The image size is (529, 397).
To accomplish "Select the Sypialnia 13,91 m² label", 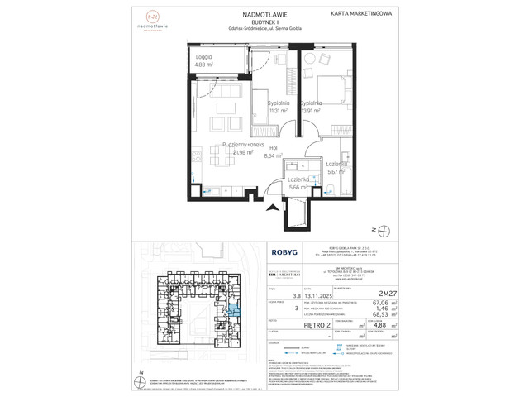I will click(x=312, y=106).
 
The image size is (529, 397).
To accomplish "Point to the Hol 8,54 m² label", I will click(x=274, y=151).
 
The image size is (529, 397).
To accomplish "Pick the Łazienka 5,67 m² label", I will click(x=336, y=169).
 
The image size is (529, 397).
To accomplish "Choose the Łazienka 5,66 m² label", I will click(x=298, y=184).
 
